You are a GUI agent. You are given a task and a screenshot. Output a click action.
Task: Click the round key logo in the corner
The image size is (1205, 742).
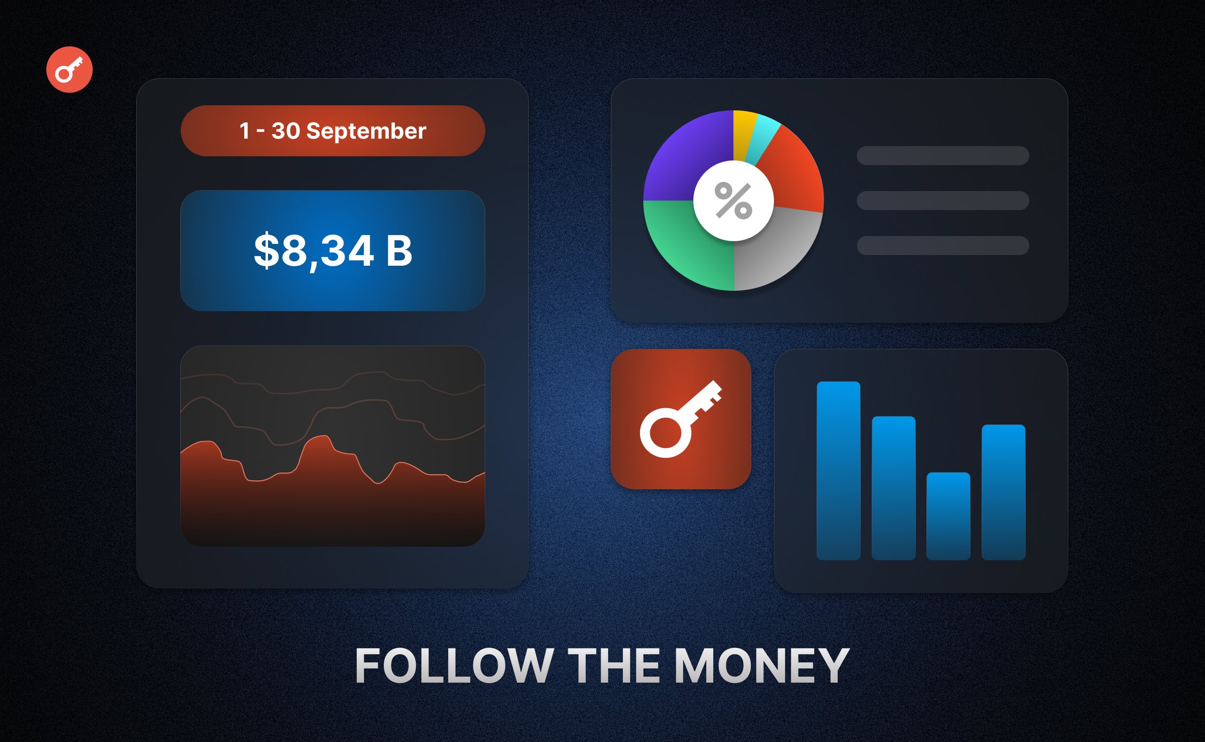coord(69,69)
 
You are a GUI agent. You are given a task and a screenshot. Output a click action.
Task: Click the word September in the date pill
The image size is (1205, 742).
coord(366,132)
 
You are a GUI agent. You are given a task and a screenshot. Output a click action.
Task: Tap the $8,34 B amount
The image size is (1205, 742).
coord(333,251)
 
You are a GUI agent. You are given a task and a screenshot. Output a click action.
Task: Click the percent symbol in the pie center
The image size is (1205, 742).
coord(733,200)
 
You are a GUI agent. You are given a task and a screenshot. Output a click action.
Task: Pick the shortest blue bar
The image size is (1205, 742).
coord(948,516)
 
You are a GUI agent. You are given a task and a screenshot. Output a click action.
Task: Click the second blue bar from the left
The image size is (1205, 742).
coord(893,488)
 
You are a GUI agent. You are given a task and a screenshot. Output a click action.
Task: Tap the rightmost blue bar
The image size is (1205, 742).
coord(1003,492)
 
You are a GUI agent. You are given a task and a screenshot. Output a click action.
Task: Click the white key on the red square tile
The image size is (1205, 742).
coord(681,419)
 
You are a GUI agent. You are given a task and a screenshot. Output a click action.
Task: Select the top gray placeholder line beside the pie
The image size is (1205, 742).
coord(943,155)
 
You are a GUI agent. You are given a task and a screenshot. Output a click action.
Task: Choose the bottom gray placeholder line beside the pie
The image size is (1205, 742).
coord(943,245)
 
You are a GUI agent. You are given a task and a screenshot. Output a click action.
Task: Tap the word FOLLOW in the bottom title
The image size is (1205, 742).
coord(455,665)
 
